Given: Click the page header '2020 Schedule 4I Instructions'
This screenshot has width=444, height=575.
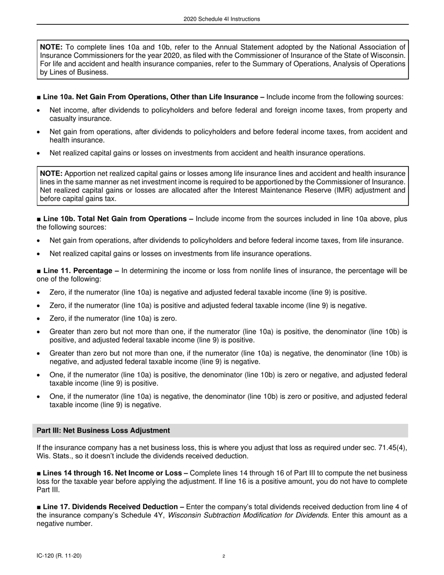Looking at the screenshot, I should click(222, 19).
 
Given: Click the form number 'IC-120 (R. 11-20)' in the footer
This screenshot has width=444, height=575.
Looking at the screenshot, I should click(61, 556).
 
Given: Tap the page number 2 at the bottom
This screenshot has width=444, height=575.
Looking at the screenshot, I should click(224, 556).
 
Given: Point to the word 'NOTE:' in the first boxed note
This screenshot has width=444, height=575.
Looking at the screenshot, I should click(51, 47).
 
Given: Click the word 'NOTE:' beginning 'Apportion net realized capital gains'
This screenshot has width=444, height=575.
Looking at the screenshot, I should click(51, 173).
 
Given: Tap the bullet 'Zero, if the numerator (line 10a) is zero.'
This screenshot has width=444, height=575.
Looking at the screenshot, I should click(113, 319).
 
